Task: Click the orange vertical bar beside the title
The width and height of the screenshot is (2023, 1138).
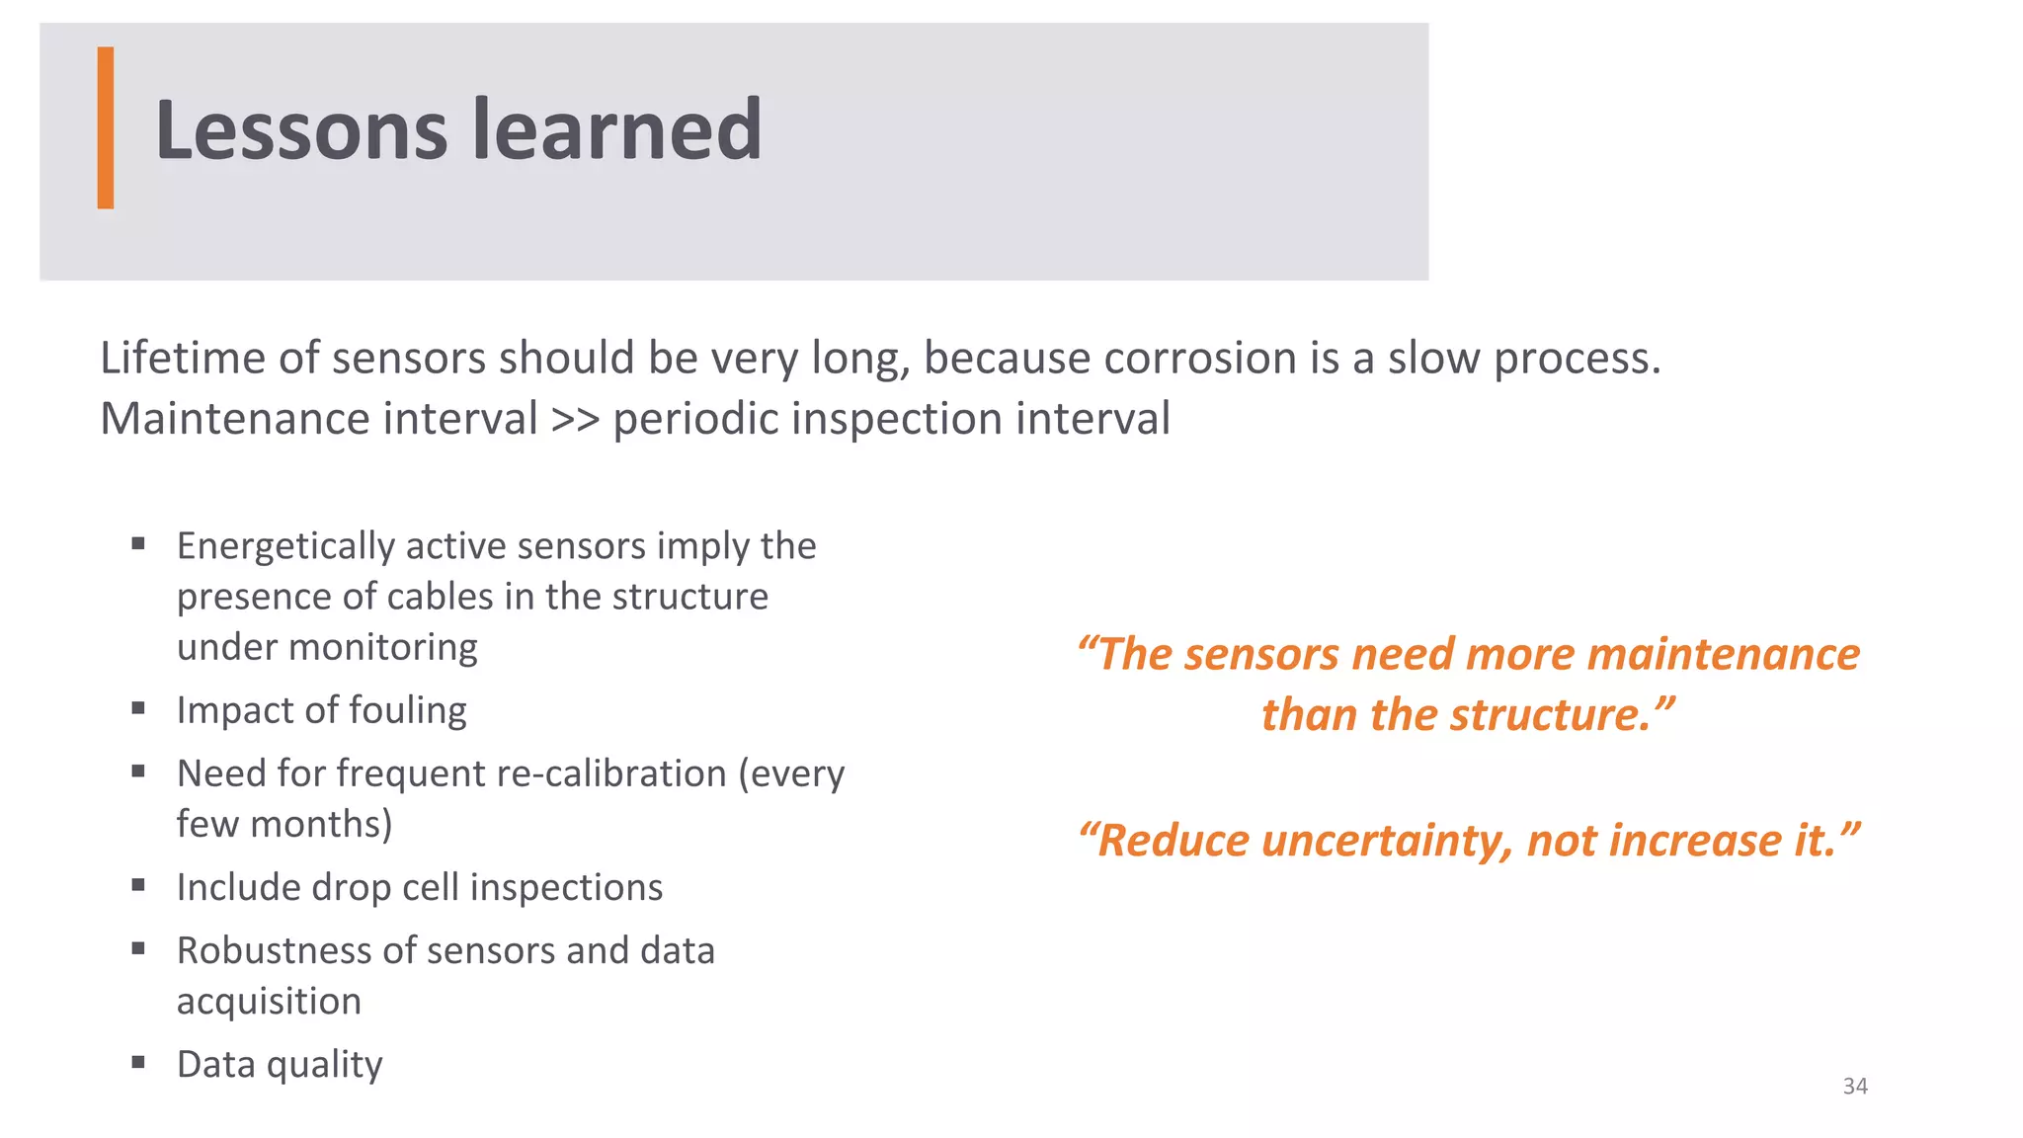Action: pos(106,127)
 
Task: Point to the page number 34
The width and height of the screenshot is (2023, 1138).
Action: pos(1855,1086)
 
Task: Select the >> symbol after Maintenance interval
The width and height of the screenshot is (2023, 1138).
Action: pos(575,419)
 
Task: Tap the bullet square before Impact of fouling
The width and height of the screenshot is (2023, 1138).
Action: pos(138,707)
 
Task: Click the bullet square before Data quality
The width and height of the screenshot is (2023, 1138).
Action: pos(138,1062)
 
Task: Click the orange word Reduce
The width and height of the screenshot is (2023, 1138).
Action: pos(1172,842)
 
